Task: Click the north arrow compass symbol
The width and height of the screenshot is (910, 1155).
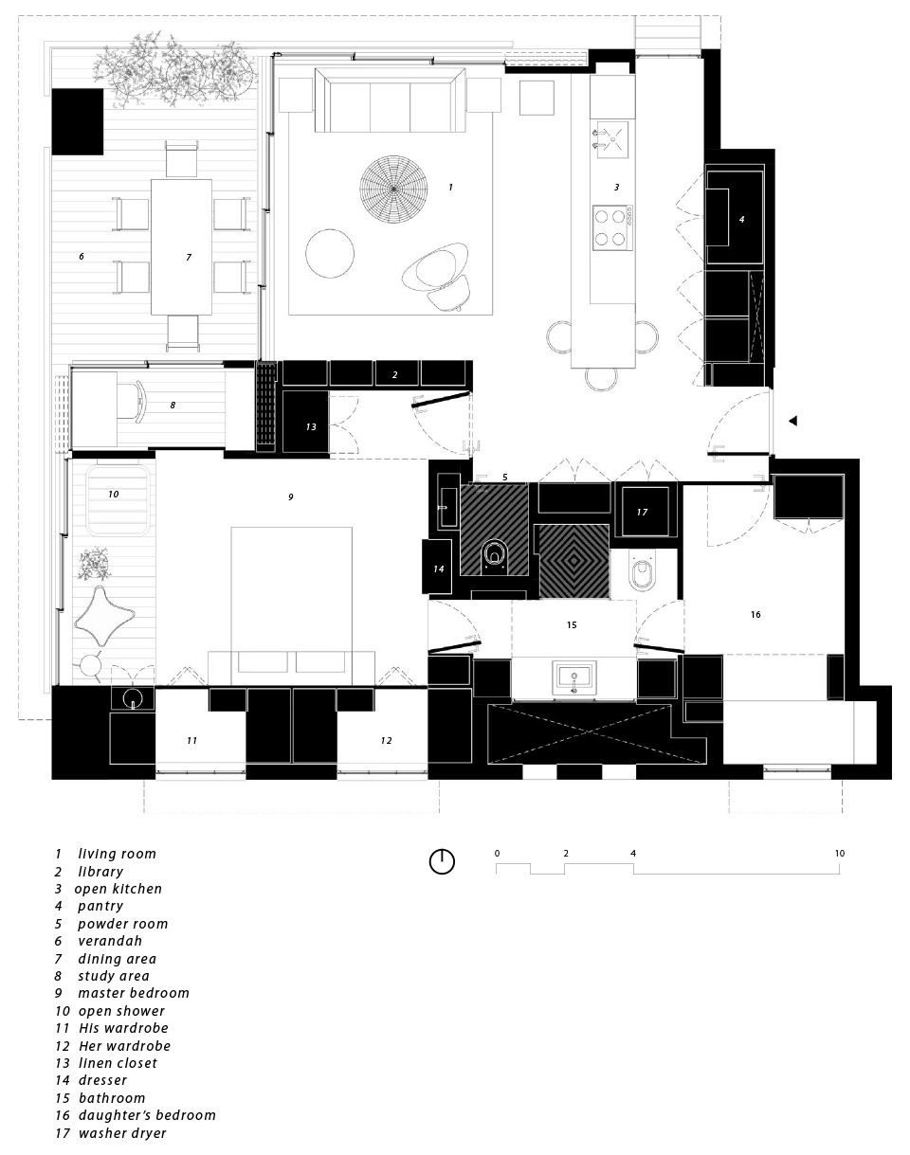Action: coord(442,861)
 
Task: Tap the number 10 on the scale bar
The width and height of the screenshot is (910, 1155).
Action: coord(839,854)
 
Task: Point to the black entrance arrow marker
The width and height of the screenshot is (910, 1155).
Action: coord(794,421)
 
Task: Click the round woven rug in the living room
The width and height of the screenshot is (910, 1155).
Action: coord(393,189)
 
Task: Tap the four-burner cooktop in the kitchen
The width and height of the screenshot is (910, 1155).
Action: coord(612,227)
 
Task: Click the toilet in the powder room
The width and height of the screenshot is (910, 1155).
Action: coord(494,555)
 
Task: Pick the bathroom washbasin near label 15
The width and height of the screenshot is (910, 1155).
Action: coord(573,679)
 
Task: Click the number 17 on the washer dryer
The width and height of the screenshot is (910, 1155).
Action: coord(642,513)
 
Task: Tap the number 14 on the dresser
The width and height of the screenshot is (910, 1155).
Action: coord(438,569)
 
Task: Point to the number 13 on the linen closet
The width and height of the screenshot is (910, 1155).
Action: coord(311,427)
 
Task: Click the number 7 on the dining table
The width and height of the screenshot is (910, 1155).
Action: coord(189,257)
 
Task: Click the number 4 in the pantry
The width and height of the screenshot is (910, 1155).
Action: coord(742,219)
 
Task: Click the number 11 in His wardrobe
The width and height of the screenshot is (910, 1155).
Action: coord(192,740)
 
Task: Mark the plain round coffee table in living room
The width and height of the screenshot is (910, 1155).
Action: coord(330,254)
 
